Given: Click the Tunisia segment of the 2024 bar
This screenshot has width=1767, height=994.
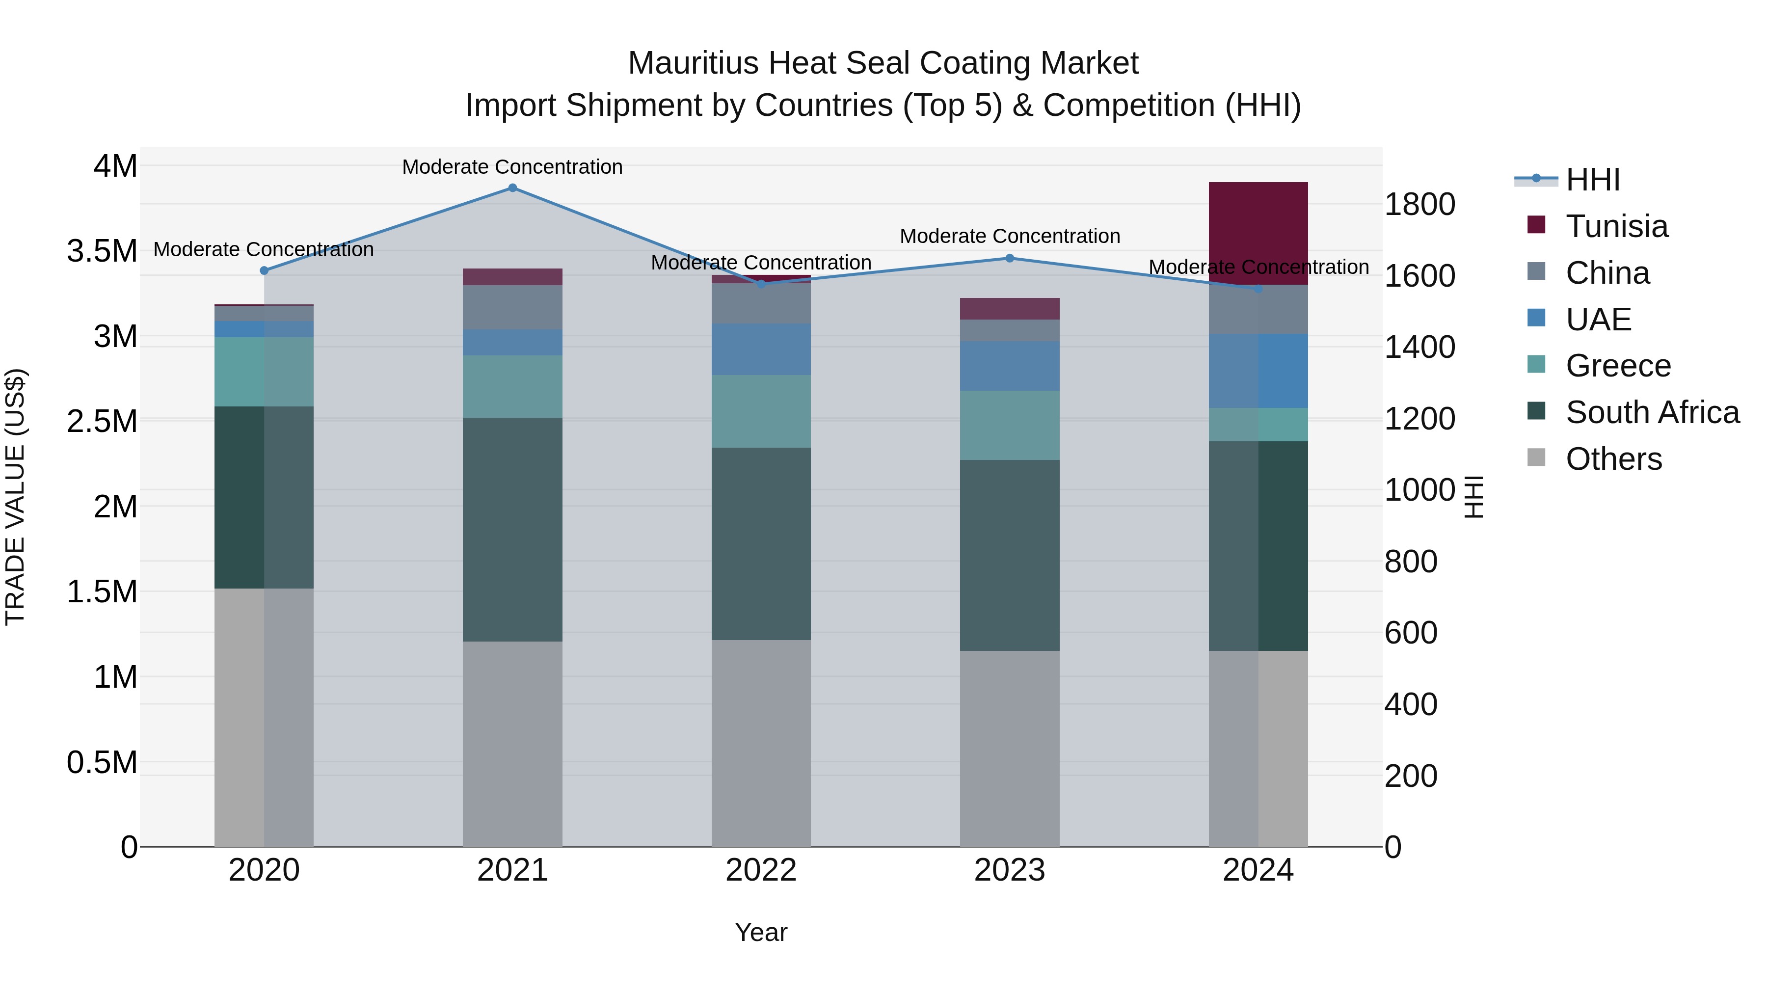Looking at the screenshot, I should (1258, 233).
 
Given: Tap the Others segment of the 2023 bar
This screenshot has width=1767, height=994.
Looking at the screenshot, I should (1009, 748).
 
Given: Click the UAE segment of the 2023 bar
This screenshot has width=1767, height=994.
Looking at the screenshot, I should (1009, 366).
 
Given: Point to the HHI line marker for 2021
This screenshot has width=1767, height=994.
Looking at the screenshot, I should (512, 188).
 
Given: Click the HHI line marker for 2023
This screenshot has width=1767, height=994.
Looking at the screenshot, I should (1009, 259).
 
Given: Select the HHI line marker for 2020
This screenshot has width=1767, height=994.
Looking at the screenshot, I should (264, 270).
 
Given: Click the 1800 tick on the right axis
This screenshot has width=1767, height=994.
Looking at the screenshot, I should (1419, 204).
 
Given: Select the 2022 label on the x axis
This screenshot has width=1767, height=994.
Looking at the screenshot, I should (761, 870).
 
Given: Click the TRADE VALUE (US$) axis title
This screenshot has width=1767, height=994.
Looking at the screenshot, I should (16, 497).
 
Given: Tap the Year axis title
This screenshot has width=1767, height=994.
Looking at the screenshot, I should (761, 932).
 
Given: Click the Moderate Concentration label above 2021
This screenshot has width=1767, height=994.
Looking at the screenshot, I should (512, 167).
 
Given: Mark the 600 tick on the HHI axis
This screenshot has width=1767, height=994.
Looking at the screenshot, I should (1410, 633).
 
